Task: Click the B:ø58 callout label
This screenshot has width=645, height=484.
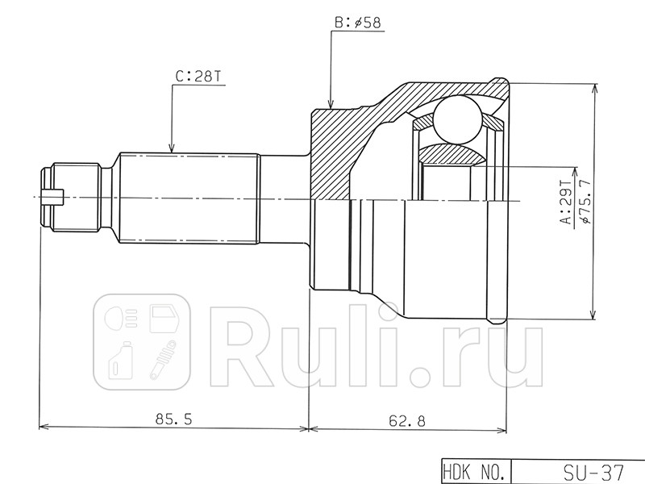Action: [357, 23]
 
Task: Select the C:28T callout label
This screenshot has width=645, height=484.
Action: [198, 77]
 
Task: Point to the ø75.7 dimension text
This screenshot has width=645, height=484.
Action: [584, 201]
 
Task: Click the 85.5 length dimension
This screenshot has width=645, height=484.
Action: [173, 419]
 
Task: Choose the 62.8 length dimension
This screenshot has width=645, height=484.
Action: [407, 420]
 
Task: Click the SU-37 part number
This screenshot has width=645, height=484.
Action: [593, 472]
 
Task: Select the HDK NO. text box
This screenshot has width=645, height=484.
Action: [475, 471]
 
